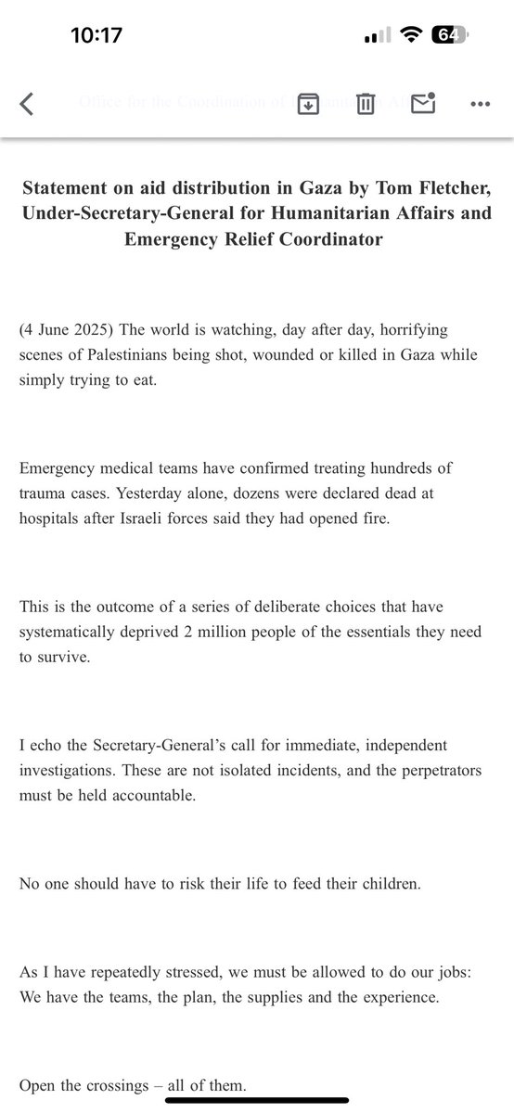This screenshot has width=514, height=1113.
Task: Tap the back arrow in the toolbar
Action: pos(27,105)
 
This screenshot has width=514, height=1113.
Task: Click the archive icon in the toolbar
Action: pos(307,105)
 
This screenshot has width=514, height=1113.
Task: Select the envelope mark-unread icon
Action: pos(423,104)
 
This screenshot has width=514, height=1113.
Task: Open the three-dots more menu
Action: pos(480,105)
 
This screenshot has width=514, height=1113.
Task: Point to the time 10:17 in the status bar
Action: pos(96,35)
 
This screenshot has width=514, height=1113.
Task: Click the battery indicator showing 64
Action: pos(447,35)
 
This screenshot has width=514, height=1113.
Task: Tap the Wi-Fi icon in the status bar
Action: pos(408,35)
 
